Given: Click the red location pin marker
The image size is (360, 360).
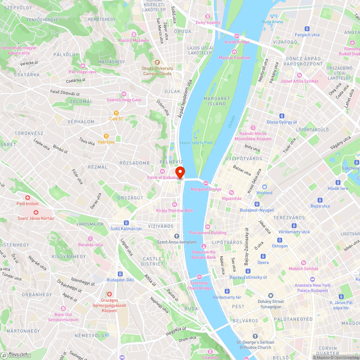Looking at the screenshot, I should point(180,172).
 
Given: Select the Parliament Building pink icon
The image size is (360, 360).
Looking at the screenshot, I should point(208,226).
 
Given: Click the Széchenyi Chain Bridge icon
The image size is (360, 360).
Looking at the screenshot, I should point(199,276).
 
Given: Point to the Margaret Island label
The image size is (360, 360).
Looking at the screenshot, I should point(217,101).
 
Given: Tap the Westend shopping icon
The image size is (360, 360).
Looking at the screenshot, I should point(265,187).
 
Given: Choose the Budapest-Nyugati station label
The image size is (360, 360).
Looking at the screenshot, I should point(257,210).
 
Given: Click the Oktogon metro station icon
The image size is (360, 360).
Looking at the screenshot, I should point(280,240).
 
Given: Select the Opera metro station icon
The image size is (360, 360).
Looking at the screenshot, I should point(263,256).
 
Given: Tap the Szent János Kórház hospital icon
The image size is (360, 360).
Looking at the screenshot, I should point(36,212).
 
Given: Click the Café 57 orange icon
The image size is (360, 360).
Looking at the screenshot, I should point(116,113).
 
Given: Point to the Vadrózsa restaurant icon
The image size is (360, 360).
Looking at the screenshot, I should point(106,136).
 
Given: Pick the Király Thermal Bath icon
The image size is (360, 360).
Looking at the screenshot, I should point(175,204).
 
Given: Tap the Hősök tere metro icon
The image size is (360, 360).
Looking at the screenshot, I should point(338,183).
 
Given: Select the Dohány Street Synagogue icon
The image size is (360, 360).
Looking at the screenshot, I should point(271,295).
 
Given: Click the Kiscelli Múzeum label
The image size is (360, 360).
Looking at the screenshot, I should point(134,40).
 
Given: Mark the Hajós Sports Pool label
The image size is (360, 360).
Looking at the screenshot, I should point(196,143).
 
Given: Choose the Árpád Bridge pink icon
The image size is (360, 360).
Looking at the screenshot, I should point(237,36).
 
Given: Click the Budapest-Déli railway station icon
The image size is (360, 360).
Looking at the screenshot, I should point(120,274).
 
